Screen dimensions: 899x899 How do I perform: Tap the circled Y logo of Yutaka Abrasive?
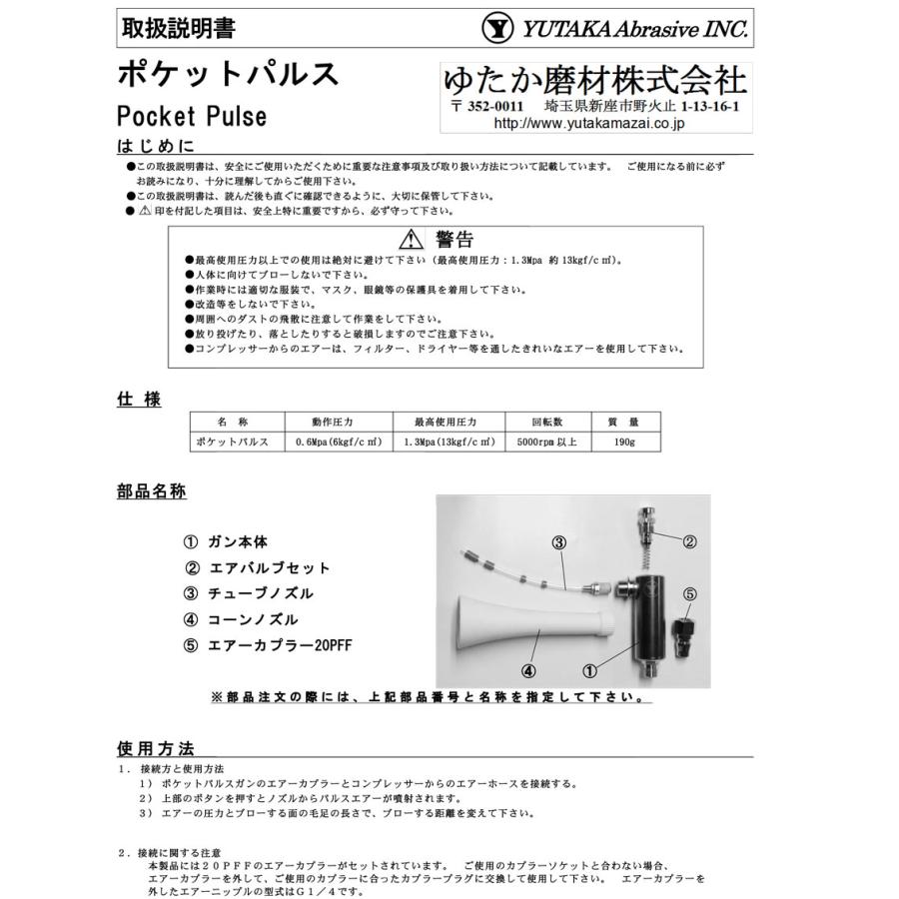click(495, 29)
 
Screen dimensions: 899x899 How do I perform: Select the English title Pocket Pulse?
click(192, 115)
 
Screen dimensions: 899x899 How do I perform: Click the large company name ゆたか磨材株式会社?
click(594, 81)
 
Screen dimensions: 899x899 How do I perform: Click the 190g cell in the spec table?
click(625, 442)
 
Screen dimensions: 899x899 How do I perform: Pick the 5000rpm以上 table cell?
click(548, 442)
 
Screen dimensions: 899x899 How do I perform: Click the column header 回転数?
click(548, 421)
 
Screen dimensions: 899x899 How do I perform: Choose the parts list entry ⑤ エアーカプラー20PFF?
click(268, 645)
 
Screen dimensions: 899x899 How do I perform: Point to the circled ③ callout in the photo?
click(559, 542)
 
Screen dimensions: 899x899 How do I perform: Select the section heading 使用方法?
click(155, 748)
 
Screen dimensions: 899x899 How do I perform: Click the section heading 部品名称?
click(152, 492)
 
